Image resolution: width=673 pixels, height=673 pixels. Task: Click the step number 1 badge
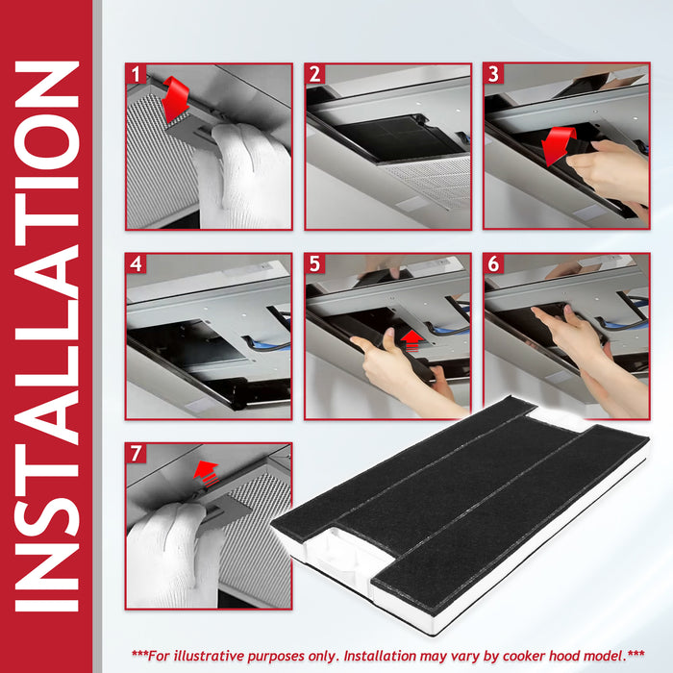tap(137, 74)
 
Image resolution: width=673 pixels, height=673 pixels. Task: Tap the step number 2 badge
tap(315, 74)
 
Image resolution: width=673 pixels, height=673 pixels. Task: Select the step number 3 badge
tap(493, 74)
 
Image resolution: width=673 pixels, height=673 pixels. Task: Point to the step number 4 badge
tap(137, 263)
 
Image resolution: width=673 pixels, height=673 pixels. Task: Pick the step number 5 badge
tap(315, 263)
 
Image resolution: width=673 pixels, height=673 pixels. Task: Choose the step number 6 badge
tap(493, 263)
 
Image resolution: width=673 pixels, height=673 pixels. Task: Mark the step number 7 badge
tap(137, 453)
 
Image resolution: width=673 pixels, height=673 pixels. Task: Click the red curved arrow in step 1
tap(176, 100)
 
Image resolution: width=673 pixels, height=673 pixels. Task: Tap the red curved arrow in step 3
tap(558, 145)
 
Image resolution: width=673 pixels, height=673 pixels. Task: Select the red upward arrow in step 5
tap(412, 340)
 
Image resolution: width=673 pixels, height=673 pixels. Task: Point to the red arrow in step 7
tap(206, 473)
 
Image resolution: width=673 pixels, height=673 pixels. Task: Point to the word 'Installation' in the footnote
tap(380, 656)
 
